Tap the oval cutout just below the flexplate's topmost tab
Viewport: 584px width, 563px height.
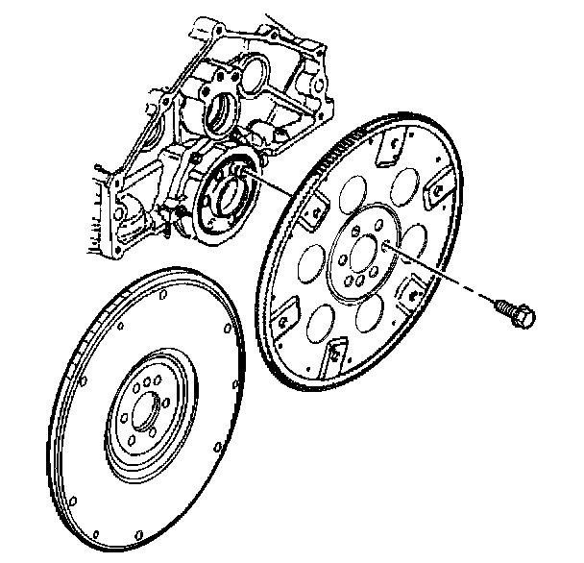397,188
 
